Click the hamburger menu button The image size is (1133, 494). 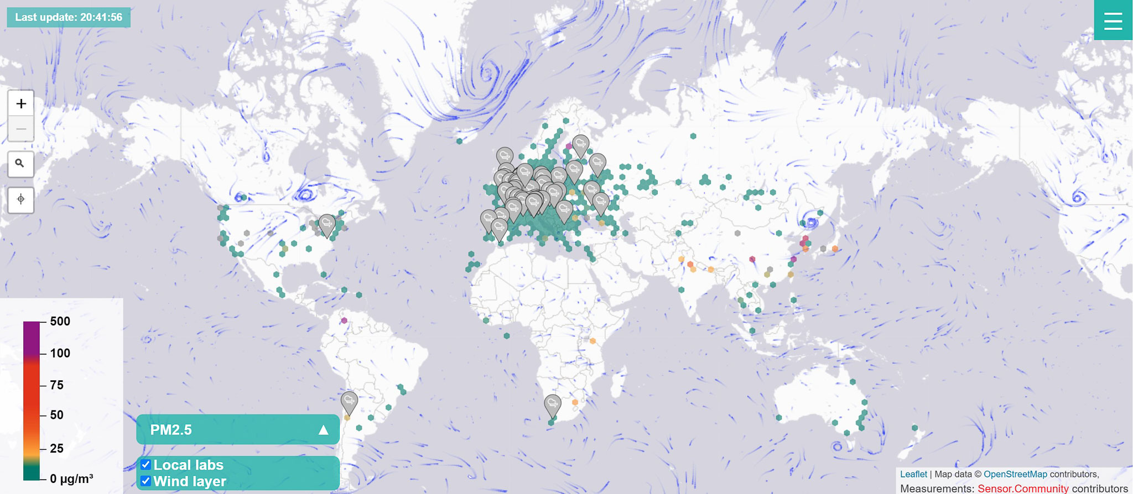coord(1113,20)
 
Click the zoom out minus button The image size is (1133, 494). coord(21,129)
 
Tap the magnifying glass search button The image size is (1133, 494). coord(20,164)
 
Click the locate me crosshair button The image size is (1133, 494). coord(20,199)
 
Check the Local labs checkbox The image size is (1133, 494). coord(145,465)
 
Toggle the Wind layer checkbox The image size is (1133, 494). coord(145,481)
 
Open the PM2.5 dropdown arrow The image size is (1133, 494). coord(324,430)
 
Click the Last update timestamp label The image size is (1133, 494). coord(69,17)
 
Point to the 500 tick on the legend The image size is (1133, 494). coord(60,322)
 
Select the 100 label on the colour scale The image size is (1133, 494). coord(60,353)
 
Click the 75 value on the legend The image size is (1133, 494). coord(56,385)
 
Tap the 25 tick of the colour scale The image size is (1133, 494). coord(56,448)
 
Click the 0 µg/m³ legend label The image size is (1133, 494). coord(71,479)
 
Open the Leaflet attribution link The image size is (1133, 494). coord(913,474)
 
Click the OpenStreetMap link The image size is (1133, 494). coord(1015,474)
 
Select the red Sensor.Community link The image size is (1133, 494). coord(1023,488)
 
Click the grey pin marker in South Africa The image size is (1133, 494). coord(552,405)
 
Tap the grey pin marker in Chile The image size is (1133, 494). coord(349,402)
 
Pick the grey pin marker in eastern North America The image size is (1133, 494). coord(327,224)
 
